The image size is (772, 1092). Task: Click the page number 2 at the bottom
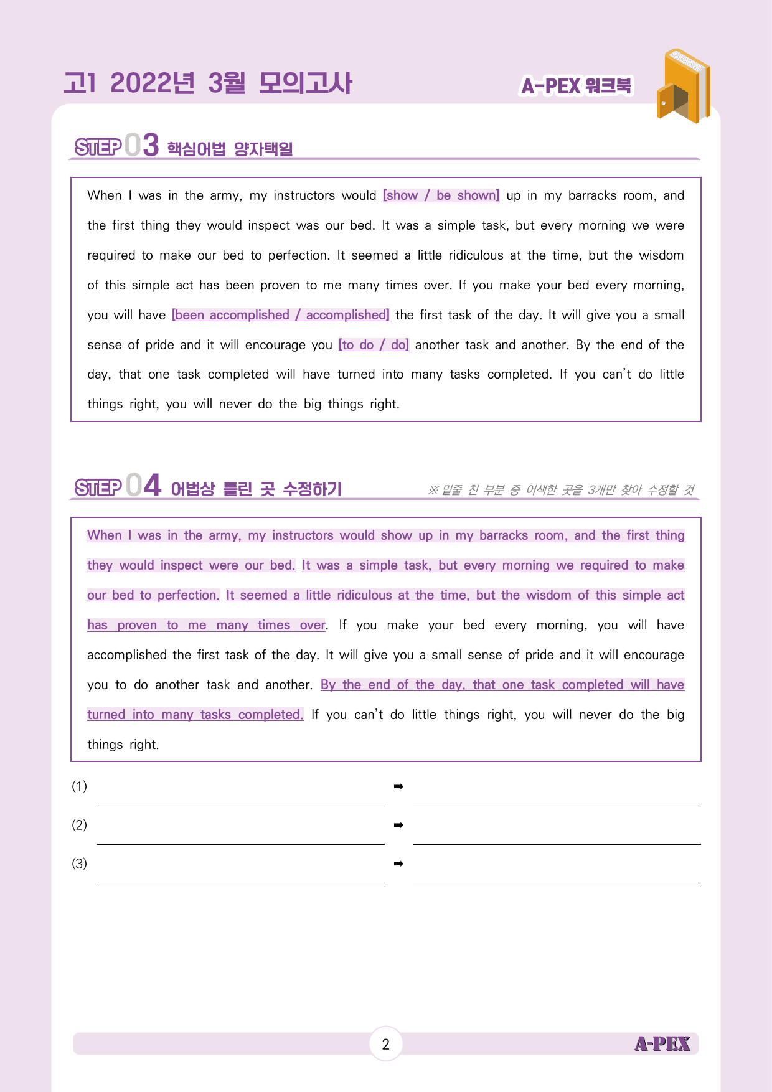[385, 1044]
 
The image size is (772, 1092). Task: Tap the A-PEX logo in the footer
[662, 1044]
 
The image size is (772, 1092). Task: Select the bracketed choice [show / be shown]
[441, 195]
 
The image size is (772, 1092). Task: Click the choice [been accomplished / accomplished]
[281, 315]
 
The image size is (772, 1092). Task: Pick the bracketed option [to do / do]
[374, 345]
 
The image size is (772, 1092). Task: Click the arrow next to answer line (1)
[398, 787]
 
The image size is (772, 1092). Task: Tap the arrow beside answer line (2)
[398, 826]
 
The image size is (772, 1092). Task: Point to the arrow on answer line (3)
[398, 864]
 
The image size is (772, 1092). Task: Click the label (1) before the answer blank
[79, 786]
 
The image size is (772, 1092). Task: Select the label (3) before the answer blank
[79, 864]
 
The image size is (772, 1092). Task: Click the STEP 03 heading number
[142, 145]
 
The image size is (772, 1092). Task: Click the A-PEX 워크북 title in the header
[576, 86]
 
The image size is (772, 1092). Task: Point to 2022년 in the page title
[152, 83]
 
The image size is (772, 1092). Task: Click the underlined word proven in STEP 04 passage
[137, 625]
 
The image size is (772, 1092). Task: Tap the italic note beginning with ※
[560, 490]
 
